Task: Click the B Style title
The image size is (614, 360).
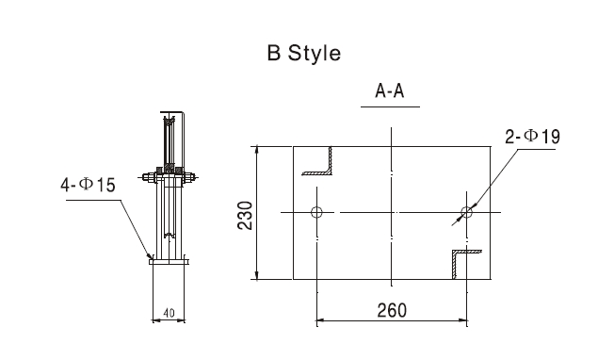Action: click(x=304, y=54)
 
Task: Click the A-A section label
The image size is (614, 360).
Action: click(x=390, y=90)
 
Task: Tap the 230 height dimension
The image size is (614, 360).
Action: click(x=246, y=215)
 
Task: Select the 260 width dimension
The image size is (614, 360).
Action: click(x=392, y=310)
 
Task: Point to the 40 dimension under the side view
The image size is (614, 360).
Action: click(x=169, y=313)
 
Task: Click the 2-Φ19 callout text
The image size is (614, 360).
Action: click(x=533, y=137)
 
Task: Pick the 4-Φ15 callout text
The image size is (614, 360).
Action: click(x=89, y=185)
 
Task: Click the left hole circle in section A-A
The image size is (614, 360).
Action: click(x=316, y=212)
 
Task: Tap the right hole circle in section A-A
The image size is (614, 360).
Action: click(x=466, y=212)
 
